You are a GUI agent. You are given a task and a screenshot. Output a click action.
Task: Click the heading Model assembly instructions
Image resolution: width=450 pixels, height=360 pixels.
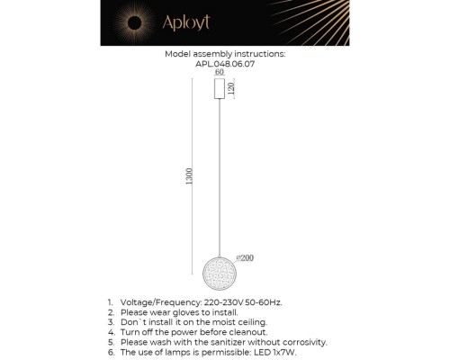(224, 54)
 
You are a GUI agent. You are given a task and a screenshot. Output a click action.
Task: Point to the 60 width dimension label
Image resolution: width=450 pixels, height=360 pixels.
(219, 72)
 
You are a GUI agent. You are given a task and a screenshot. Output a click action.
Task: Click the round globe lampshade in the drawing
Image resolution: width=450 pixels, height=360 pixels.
(220, 270)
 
